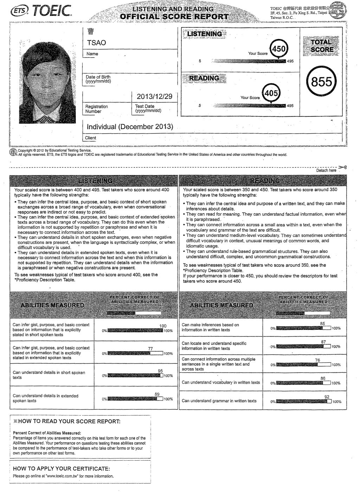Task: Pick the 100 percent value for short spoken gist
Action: pyautogui.click(x=163, y=326)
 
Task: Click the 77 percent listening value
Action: pyautogui.click(x=150, y=348)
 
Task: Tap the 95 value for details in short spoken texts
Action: pyautogui.click(x=160, y=371)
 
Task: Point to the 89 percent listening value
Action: pyautogui.click(x=157, y=394)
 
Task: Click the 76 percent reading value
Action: pyautogui.click(x=317, y=360)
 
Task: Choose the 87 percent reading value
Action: pyautogui.click(x=323, y=342)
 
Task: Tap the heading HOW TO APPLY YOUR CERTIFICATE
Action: pyautogui.click(x=62, y=469)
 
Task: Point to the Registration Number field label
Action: pyautogui.click(x=97, y=109)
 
